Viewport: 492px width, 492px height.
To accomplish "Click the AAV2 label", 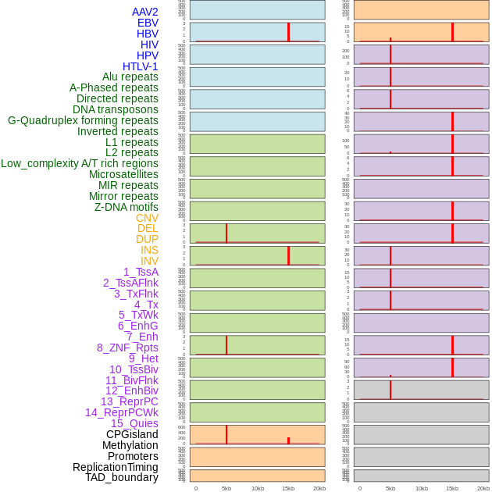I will tap(145, 12).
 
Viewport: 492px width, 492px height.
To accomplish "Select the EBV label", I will tap(148, 23).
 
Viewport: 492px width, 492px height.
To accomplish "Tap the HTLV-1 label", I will tap(141, 66).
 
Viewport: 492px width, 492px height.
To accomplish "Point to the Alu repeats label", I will tap(130, 77).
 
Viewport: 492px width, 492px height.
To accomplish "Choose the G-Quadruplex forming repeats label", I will tap(83, 120).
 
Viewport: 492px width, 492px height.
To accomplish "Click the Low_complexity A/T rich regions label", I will tap(80, 163).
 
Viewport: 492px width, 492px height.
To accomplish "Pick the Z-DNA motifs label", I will tap(127, 207).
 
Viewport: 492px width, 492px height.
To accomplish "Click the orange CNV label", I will tap(147, 218).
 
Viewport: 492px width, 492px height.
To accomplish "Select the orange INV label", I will tap(149, 261).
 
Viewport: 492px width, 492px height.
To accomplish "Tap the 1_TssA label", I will tap(141, 272).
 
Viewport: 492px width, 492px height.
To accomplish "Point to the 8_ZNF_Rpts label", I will tap(127, 348).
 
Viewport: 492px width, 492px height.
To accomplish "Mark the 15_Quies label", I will tap(134, 423).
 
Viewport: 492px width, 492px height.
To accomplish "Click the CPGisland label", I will tap(132, 434).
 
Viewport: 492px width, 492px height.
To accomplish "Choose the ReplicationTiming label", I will tap(116, 467).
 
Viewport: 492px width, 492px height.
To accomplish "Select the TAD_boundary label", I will tap(122, 477).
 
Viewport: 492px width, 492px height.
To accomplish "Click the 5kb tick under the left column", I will tap(226, 488).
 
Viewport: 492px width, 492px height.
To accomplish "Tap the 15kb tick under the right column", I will tap(452, 488).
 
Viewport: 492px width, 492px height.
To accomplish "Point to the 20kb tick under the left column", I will tap(319, 488).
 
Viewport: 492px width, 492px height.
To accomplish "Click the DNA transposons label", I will tap(116, 109).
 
